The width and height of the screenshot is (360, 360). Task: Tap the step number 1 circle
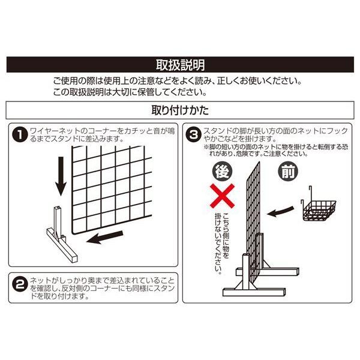(19, 134)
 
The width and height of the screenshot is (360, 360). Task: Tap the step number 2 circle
(19, 283)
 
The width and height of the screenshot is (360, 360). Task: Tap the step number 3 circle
(194, 134)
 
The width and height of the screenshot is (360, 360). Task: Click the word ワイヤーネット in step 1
(53, 130)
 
